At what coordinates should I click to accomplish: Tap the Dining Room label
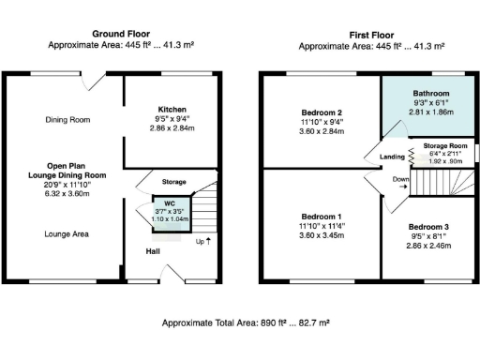(68, 119)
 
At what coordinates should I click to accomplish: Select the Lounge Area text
(67, 233)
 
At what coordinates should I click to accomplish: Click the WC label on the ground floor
(170, 202)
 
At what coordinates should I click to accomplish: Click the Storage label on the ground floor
(173, 181)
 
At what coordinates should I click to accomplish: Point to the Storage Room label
(444, 147)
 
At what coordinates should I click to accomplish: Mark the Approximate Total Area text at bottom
(244, 322)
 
